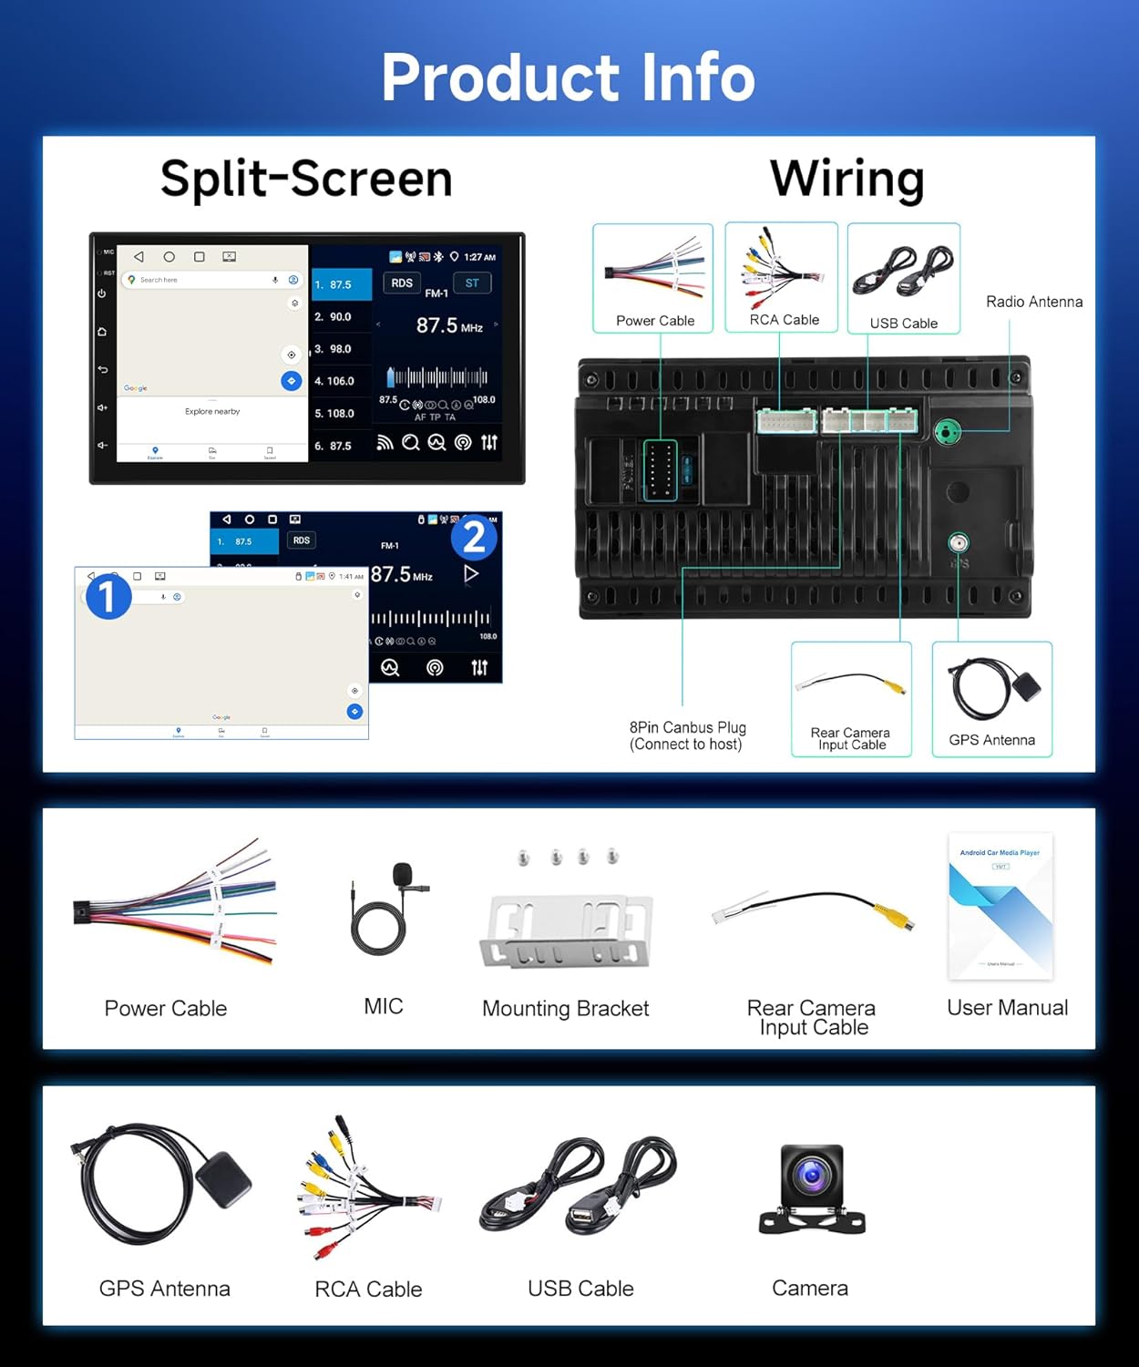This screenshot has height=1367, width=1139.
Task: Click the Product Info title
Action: tap(569, 77)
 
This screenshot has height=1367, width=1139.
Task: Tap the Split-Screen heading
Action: tap(306, 178)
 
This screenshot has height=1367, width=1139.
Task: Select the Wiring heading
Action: tap(847, 178)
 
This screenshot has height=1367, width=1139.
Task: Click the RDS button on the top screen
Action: tap(402, 283)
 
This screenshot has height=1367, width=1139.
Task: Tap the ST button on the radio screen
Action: tap(472, 283)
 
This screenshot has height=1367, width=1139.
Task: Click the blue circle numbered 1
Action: tap(108, 597)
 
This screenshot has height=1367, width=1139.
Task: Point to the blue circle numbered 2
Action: tap(474, 538)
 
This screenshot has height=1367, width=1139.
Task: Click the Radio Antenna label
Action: tap(1034, 302)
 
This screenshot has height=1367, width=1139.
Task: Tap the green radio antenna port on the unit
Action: tap(948, 431)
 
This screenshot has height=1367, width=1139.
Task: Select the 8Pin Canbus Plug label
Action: tap(687, 735)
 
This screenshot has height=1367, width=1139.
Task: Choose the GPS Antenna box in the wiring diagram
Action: tap(991, 699)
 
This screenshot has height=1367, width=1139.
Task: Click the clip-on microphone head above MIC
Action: tap(402, 877)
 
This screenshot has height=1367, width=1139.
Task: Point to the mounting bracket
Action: tap(566, 930)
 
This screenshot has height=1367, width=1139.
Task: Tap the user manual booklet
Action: tap(1000, 906)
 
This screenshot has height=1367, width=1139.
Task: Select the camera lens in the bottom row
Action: tap(811, 1176)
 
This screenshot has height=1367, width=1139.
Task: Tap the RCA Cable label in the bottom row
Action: tap(368, 1290)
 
